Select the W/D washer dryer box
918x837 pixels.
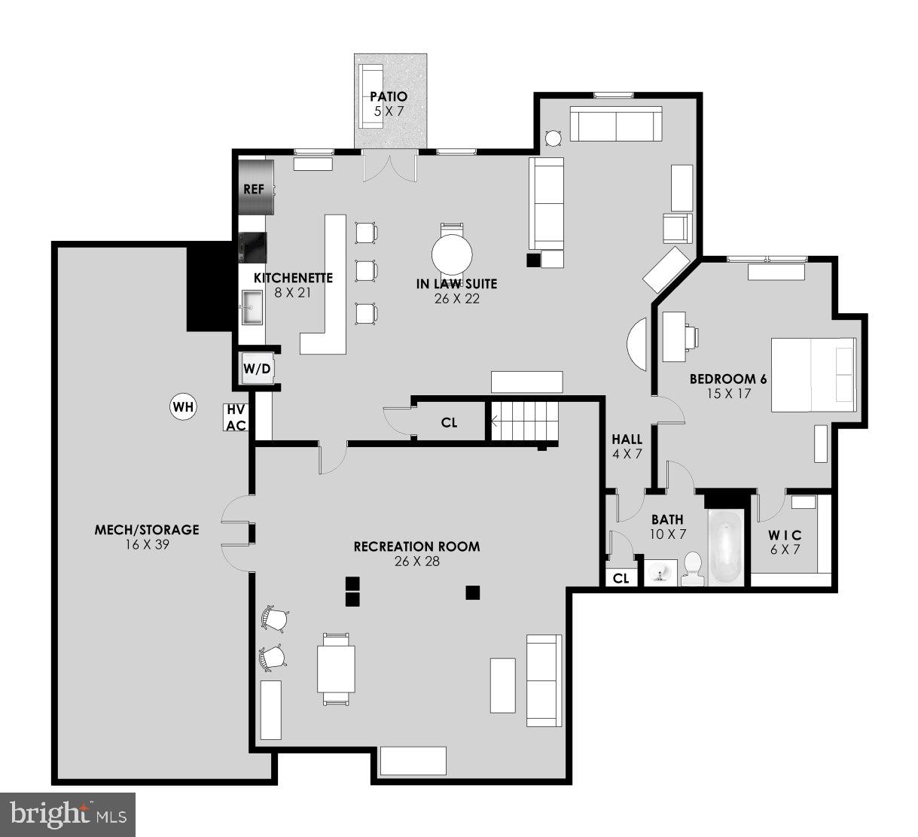pyautogui.click(x=256, y=369)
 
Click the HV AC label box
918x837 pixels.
pyautogui.click(x=236, y=418)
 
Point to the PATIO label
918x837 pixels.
pyautogui.click(x=389, y=96)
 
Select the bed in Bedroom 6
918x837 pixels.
pyautogui.click(x=813, y=374)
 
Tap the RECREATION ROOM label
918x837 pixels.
pyautogui.click(x=416, y=546)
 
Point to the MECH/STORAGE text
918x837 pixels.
pyautogui.click(x=147, y=530)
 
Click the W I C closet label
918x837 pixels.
pyautogui.click(x=785, y=534)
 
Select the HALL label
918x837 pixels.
pyautogui.click(x=627, y=440)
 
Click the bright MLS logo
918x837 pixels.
pyautogui.click(x=68, y=814)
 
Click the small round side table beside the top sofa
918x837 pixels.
pyautogui.click(x=553, y=138)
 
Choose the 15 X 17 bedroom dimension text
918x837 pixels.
pyautogui.click(x=727, y=393)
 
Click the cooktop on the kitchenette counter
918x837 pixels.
pyautogui.click(x=253, y=246)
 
